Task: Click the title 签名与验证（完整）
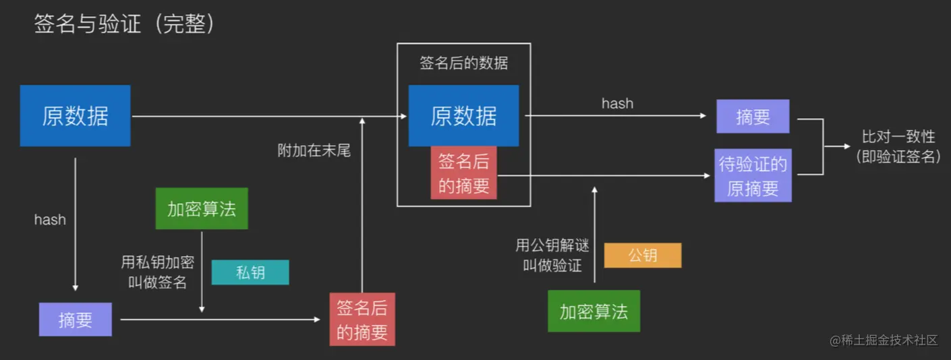point(125,25)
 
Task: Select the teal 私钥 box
point(250,272)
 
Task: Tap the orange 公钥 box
point(643,256)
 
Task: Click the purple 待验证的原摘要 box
point(753,176)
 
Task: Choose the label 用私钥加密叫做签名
point(158,272)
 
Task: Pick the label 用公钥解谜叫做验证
point(552,255)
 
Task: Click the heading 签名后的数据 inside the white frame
point(464,64)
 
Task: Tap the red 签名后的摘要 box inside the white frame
point(464,173)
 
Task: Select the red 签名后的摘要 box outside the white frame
point(362,319)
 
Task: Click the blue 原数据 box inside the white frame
point(464,116)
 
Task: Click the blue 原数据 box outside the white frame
point(75,116)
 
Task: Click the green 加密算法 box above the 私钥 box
point(202,208)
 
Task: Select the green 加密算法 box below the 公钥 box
point(594,311)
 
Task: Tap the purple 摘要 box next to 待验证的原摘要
point(753,117)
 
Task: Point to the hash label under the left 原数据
point(50,219)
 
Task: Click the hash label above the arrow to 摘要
point(617,104)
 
